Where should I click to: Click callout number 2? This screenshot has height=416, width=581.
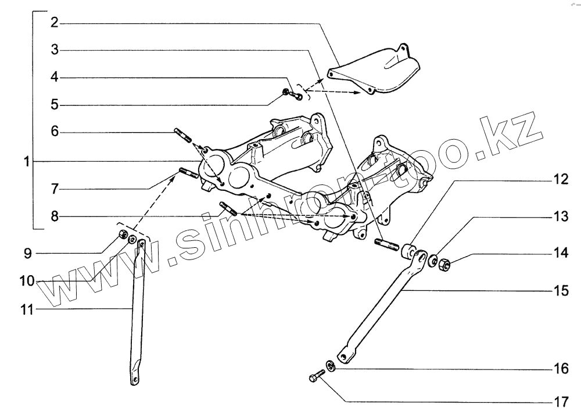point(54,23)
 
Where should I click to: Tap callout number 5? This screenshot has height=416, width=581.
point(54,105)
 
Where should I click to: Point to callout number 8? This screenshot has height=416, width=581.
point(54,216)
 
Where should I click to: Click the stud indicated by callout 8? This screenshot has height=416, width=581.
point(227,208)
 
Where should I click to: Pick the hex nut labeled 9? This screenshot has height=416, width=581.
point(122,234)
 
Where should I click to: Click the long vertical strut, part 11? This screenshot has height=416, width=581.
point(136,314)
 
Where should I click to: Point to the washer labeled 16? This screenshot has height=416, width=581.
point(329,365)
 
